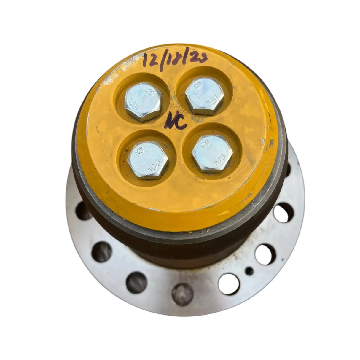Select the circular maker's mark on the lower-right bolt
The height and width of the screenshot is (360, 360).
(204, 145)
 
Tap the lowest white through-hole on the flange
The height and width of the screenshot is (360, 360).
(229, 281)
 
